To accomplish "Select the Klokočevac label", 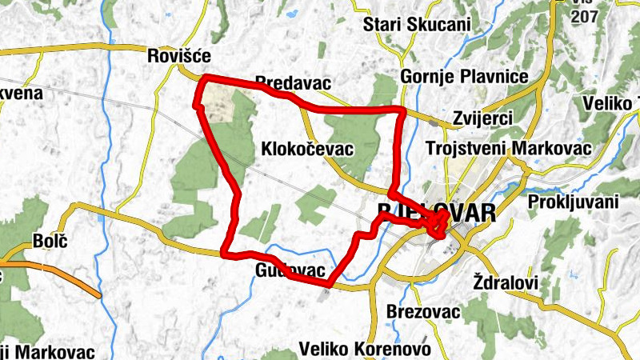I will pos(307,149).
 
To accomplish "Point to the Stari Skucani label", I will pos(416,24).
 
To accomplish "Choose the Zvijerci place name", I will pos(482,117).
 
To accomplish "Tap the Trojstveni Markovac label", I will pos(509,150).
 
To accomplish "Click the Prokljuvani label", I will pos(574,202).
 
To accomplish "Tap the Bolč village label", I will pos(48,240).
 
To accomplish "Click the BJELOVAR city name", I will pos(436,214).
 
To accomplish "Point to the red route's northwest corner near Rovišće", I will pos(206,78).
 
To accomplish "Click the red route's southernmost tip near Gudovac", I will pos(329,283).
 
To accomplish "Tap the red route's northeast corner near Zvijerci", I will pos(400,109).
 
